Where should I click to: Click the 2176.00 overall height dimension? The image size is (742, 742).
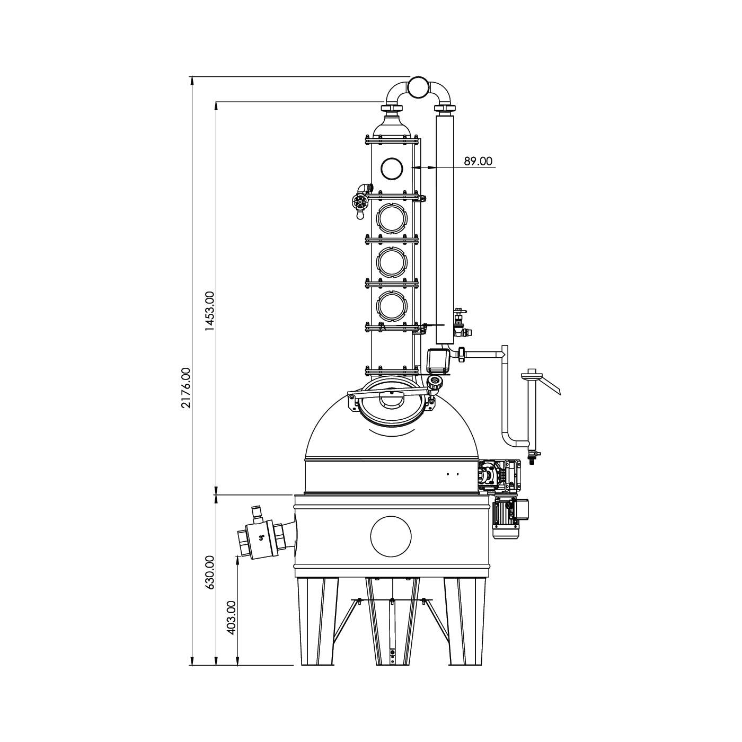pyautogui.click(x=187, y=388)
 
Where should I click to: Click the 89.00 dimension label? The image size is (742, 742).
pyautogui.click(x=478, y=161)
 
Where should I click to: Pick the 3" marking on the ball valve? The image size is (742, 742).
pyautogui.click(x=261, y=538)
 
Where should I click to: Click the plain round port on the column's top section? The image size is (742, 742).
pyautogui.click(x=392, y=168)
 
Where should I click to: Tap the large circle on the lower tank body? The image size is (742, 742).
pyautogui.click(x=391, y=536)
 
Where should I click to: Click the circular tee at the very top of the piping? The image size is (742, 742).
pyautogui.click(x=419, y=87)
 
